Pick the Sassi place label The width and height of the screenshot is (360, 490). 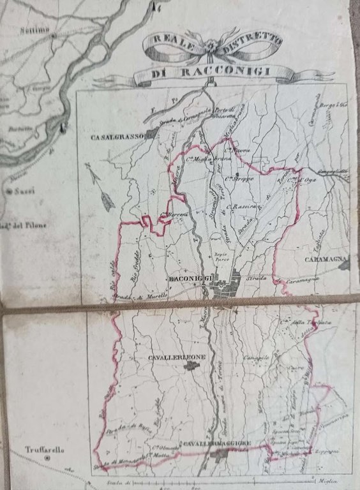pyautogui.click(x=24, y=190)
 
